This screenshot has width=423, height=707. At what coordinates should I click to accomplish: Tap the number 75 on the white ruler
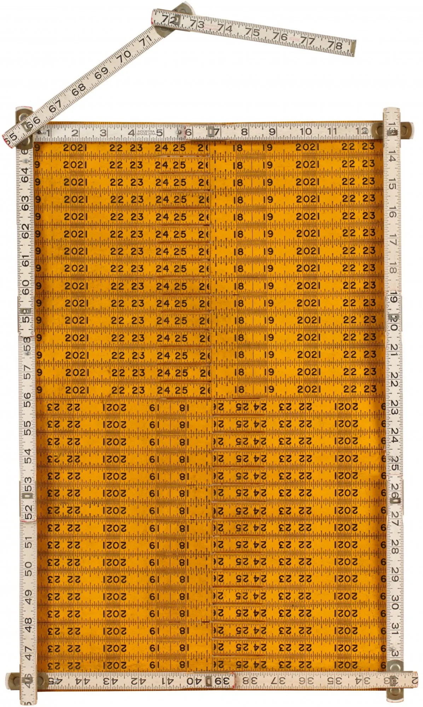point(252,32)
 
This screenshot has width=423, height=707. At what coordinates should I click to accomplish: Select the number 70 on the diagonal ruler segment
point(124,56)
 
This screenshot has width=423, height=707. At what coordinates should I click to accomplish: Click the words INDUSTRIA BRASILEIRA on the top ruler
point(146,133)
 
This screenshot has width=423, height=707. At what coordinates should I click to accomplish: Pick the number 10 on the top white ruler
point(306,132)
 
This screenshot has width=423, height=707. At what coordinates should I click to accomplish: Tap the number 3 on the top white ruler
point(103,133)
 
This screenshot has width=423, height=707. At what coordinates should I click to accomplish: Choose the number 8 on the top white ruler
point(244,132)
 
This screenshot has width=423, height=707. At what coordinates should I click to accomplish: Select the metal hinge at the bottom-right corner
point(394,680)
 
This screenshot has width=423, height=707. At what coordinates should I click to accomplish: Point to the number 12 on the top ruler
point(361,131)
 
